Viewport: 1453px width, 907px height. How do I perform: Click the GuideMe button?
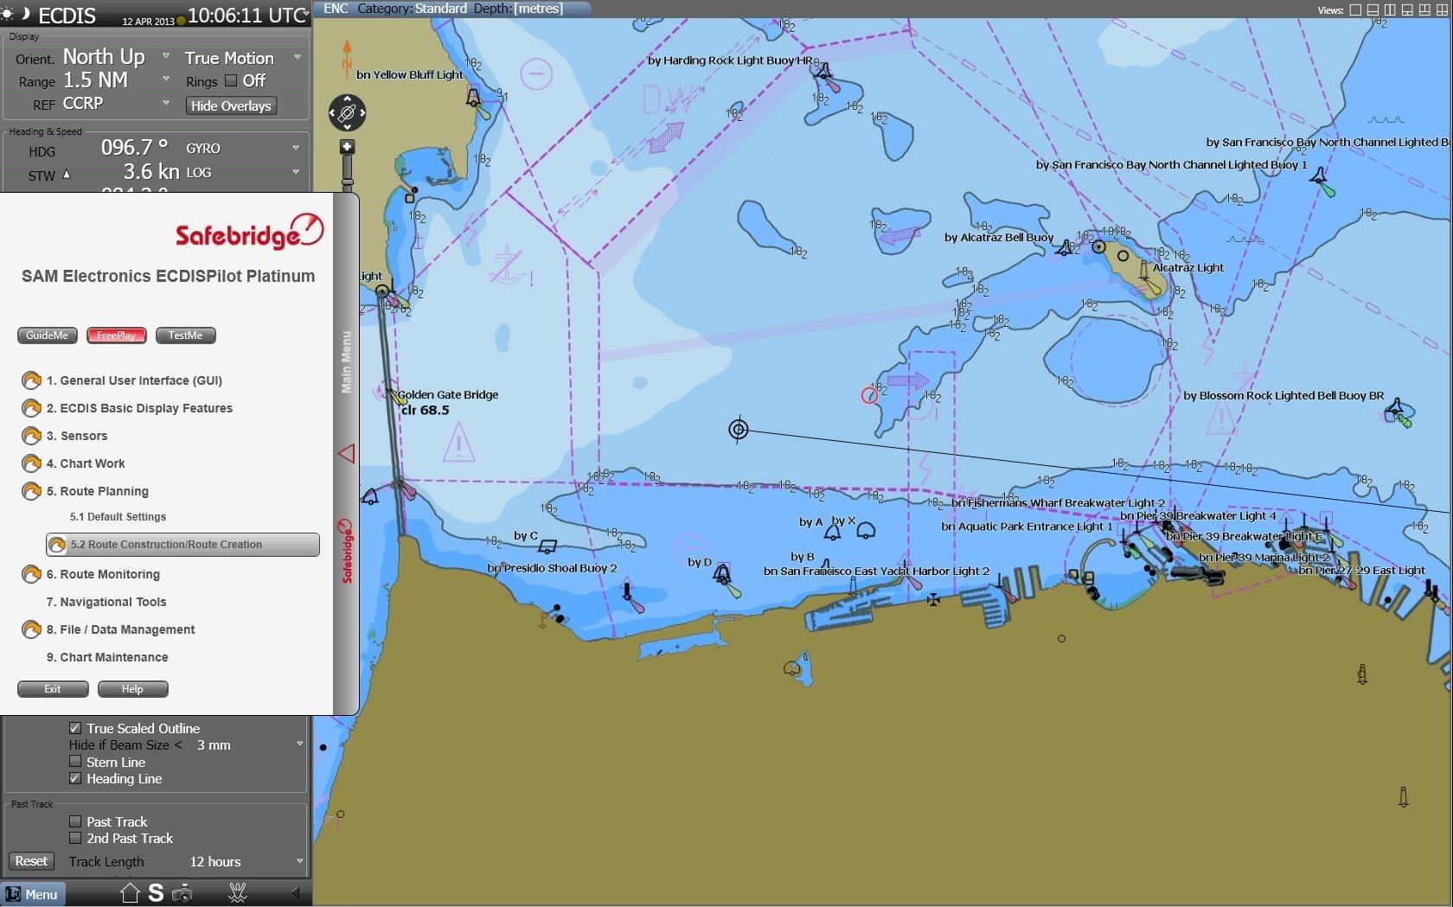click(47, 335)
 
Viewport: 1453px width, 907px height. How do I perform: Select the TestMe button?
click(185, 335)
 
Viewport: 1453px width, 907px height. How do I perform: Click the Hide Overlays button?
click(231, 105)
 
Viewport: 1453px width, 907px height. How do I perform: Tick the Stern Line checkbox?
click(75, 762)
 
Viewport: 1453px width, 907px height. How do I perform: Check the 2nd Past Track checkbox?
click(75, 838)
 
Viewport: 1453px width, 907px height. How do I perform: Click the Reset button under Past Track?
click(31, 861)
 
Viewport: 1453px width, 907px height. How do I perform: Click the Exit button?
click(53, 689)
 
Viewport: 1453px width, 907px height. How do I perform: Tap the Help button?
click(132, 689)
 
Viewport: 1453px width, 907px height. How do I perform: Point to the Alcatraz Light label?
click(1187, 268)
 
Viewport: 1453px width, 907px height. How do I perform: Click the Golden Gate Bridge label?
click(448, 395)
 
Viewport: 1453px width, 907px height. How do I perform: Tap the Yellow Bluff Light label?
click(410, 75)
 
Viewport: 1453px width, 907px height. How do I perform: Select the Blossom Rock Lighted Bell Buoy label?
click(1283, 396)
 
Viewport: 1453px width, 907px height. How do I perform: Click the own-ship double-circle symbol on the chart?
click(738, 429)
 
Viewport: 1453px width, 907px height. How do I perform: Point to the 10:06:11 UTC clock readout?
click(246, 16)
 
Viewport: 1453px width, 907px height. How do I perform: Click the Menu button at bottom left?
click(32, 894)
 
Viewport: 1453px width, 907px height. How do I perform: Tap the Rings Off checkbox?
click(231, 80)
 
